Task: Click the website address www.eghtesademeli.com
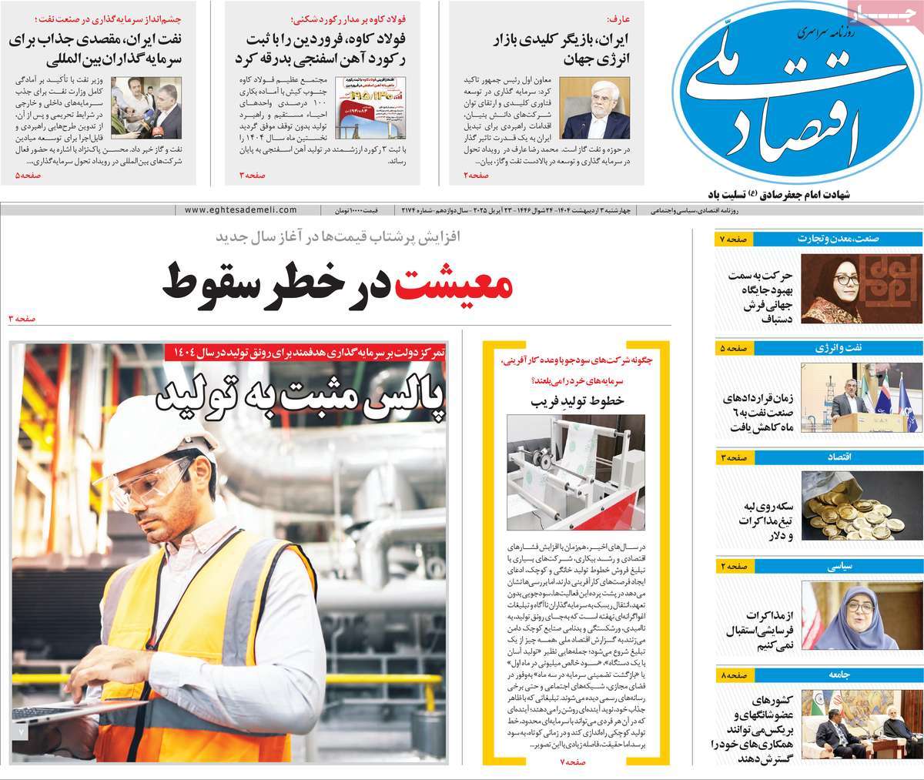pyautogui.click(x=241, y=209)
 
